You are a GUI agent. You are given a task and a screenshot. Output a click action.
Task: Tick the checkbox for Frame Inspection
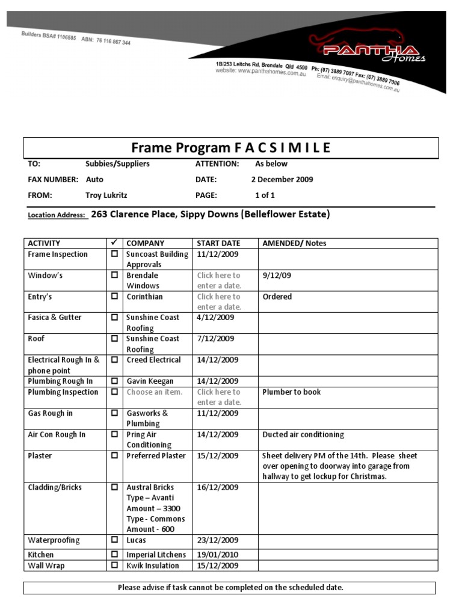click(x=114, y=254)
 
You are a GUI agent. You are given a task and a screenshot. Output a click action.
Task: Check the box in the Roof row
click(x=114, y=339)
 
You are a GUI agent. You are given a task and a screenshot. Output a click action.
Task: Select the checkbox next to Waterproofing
click(x=114, y=540)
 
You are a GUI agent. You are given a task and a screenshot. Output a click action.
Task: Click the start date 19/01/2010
click(x=218, y=555)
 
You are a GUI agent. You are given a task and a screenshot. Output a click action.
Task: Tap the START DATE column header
click(x=218, y=243)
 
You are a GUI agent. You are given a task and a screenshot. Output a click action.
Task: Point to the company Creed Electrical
click(x=153, y=360)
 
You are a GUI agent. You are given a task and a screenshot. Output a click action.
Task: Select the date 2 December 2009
click(x=282, y=179)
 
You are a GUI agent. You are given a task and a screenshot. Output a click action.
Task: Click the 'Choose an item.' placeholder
click(x=154, y=392)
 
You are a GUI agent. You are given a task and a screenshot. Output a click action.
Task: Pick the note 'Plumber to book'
click(x=292, y=392)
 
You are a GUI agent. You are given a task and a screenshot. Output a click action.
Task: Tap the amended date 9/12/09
click(x=277, y=275)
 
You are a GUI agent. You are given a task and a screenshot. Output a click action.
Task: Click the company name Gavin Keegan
click(x=150, y=381)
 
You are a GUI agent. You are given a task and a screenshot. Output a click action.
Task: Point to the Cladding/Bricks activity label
click(x=55, y=487)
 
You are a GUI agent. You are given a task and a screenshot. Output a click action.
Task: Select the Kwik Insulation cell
click(x=153, y=565)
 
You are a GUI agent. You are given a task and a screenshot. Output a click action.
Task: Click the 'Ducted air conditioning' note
click(x=303, y=434)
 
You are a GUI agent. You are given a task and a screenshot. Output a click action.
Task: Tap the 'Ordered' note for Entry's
click(x=277, y=297)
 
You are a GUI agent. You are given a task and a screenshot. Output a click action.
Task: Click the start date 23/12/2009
click(x=218, y=540)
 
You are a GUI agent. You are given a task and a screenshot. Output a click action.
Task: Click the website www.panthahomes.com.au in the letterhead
click(x=261, y=72)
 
